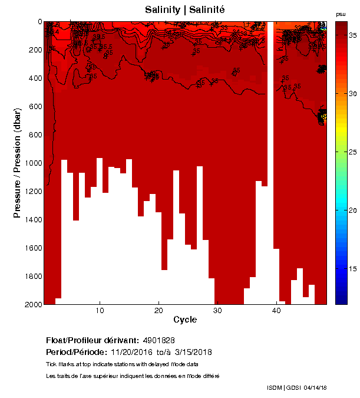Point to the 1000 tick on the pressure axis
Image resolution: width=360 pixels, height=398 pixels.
[34, 163]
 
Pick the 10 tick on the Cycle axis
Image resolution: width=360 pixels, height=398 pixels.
[100, 311]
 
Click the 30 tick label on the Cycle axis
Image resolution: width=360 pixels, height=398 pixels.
[217, 311]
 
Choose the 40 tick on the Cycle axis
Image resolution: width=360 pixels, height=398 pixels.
[276, 311]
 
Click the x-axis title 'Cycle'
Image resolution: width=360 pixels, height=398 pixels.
[185, 320]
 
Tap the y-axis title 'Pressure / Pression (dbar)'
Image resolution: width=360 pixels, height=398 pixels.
[18, 163]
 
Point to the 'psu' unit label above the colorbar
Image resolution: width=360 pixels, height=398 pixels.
[341, 14]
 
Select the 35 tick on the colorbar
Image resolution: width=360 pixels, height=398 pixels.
[352, 36]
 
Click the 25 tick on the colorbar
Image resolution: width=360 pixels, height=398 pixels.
[352, 152]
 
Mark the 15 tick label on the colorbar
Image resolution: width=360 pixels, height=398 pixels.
[352, 269]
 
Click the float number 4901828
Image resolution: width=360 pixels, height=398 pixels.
[158, 341]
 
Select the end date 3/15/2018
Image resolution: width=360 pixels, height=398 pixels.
[193, 353]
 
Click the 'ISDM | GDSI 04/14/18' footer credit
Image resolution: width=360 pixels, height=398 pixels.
[297, 387]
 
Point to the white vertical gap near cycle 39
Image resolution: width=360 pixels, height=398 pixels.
[270, 147]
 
